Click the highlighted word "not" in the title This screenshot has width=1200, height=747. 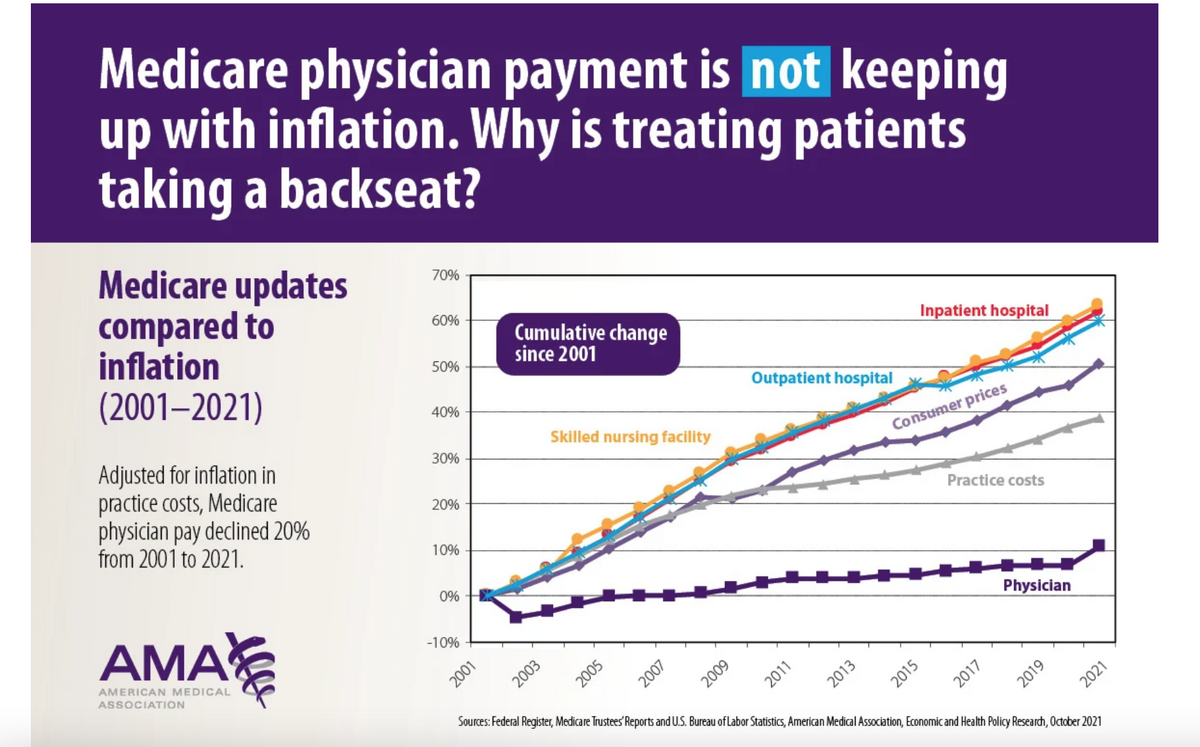click(785, 73)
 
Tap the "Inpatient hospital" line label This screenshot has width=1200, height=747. click(984, 311)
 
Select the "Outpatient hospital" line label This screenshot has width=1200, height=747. click(821, 378)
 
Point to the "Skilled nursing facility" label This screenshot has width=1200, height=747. click(630, 436)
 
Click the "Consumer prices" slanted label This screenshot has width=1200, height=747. click(948, 407)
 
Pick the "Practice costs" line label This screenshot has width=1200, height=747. click(995, 480)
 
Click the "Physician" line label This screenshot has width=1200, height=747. click(1036, 585)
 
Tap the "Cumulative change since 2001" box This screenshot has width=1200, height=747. click(590, 343)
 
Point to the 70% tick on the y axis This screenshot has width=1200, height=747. click(446, 275)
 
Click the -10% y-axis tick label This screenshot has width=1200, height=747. click(443, 642)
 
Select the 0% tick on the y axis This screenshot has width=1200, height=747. click(449, 596)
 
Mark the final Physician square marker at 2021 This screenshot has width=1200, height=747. click(1098, 546)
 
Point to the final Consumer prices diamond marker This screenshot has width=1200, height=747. click(1098, 364)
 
